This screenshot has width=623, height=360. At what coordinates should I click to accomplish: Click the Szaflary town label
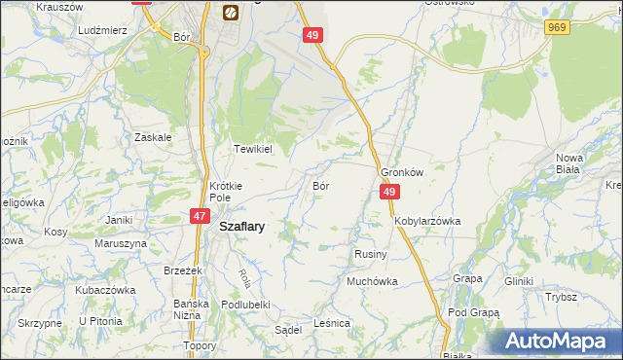[x=243, y=225]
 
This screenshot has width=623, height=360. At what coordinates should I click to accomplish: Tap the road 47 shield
[x=199, y=217]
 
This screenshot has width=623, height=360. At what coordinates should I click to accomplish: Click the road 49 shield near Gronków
[x=388, y=193]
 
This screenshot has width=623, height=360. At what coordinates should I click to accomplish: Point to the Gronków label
[x=401, y=172]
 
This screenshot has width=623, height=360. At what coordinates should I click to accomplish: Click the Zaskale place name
[x=154, y=137]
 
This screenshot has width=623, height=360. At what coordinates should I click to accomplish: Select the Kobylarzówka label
[x=427, y=221]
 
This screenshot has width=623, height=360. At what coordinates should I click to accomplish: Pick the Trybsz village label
[x=562, y=297]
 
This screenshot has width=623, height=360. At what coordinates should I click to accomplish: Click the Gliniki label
[x=519, y=281]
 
